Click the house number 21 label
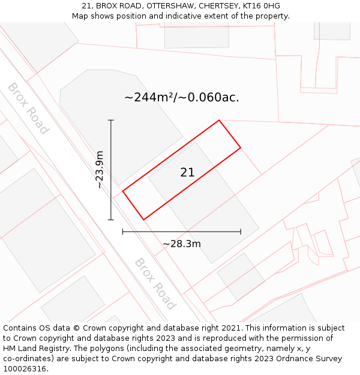click(187, 172)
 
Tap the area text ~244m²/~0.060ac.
click(181, 97)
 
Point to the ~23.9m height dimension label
click(100, 170)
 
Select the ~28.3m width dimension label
click(181, 244)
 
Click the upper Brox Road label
click(28, 108)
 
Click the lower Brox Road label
click(155, 283)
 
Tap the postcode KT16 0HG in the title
click(261, 6)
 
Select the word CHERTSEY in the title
click(218, 6)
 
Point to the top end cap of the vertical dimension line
click(111, 121)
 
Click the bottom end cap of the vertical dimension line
click(111, 220)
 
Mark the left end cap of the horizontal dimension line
click(123, 231)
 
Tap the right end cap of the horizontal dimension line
click(241, 231)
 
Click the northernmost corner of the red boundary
click(219, 120)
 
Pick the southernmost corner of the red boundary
click(144, 220)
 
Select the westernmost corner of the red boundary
click(123, 191)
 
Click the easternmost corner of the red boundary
click(241, 148)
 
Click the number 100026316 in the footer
click(24, 368)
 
